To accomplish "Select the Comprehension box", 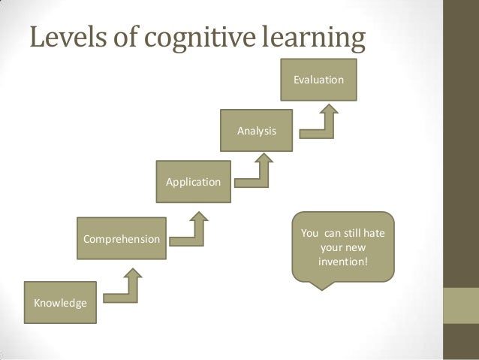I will click(x=120, y=240).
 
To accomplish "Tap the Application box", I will click(x=192, y=182).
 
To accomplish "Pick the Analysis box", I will click(x=256, y=131).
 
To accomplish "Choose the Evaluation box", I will click(x=318, y=79).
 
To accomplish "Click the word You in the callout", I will click(x=309, y=233).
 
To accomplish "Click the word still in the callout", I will click(x=347, y=233).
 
